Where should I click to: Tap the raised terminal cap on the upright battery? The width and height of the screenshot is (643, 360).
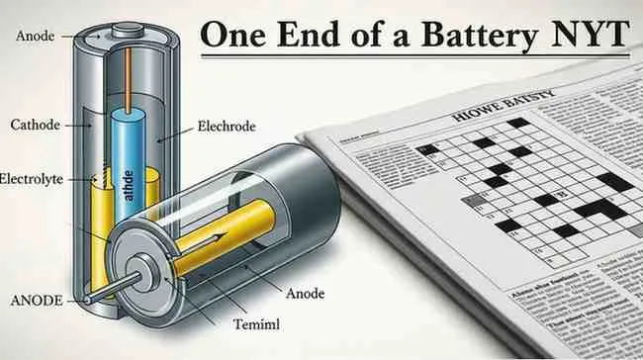click(x=127, y=31)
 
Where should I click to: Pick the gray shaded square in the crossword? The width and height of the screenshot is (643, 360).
click(x=477, y=201)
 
